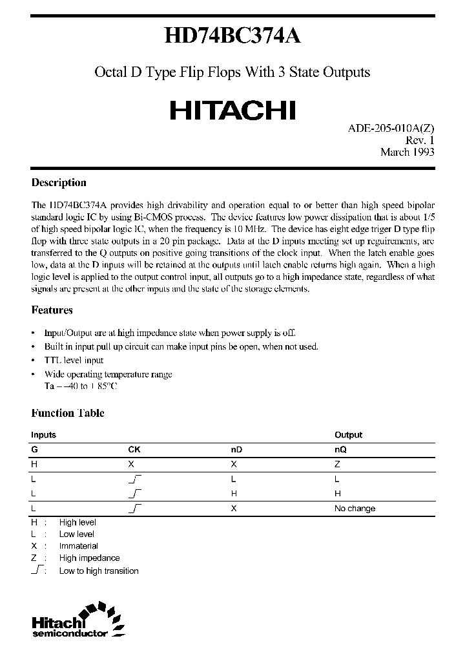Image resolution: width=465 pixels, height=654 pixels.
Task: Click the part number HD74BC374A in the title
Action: tap(232, 37)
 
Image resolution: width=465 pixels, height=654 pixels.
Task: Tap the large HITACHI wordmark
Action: tap(232, 110)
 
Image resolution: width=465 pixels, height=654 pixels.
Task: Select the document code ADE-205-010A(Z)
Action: tap(387, 128)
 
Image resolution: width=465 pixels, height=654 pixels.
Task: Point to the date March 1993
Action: tap(407, 152)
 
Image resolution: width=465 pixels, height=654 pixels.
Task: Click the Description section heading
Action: tap(59, 183)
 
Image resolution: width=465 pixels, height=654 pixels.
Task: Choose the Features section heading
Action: tap(52, 310)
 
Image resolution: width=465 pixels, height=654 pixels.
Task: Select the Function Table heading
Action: tap(68, 414)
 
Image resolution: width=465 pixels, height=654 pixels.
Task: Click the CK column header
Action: tap(134, 449)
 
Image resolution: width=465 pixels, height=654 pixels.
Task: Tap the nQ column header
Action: tap(340, 449)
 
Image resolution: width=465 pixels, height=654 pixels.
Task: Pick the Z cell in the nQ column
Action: tap(337, 464)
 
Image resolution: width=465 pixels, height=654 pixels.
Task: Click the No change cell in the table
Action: tap(355, 509)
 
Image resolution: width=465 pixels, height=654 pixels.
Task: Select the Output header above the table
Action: tap(348, 435)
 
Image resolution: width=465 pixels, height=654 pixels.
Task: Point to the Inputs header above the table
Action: tap(43, 435)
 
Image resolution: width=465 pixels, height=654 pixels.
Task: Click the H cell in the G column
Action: tap(34, 464)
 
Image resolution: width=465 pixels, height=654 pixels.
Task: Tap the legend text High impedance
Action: tap(89, 558)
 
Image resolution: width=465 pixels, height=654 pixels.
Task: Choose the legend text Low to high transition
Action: tap(99, 571)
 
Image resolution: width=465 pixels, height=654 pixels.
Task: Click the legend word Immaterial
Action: tap(78, 546)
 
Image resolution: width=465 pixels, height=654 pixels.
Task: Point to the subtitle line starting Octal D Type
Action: tap(232, 72)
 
